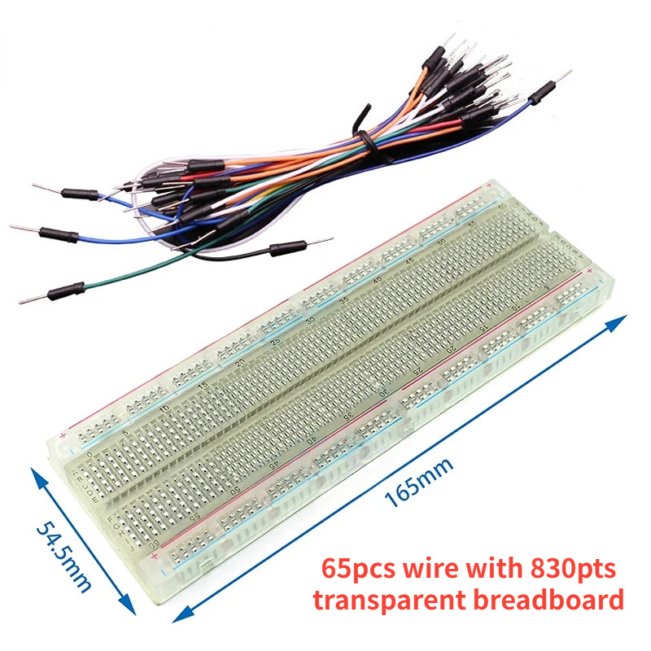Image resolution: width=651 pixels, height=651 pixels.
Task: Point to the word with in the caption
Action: coord(494,566)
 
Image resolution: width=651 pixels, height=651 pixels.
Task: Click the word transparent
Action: coord(396,601)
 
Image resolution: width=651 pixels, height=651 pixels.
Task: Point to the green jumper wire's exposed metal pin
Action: coord(28,299)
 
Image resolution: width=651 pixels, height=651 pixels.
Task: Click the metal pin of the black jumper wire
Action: coord(318,241)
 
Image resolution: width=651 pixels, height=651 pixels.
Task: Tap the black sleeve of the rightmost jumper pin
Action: coord(540,95)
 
